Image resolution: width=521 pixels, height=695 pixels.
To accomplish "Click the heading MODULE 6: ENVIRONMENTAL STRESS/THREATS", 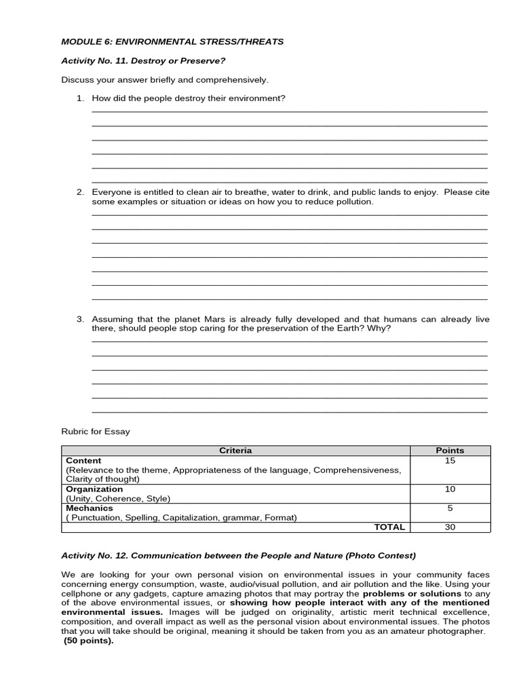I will point(172,41).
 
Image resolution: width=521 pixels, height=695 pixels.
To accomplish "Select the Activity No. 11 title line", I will point(143,60).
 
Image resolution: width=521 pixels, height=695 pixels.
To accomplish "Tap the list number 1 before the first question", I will point(80,98).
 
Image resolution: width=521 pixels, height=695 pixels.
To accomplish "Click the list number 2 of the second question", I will point(80,192).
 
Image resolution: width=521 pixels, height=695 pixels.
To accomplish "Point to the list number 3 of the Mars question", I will point(80,319).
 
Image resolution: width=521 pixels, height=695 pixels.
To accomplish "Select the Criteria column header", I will point(235,450).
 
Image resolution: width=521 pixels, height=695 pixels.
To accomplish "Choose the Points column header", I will point(450,450).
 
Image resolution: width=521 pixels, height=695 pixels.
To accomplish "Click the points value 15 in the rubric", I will point(450,460).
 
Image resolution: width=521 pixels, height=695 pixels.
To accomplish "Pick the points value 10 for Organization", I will point(450,489).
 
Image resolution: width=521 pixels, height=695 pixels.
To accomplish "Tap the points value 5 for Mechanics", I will point(450,508).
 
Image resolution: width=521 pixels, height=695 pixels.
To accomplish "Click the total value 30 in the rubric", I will point(450,527).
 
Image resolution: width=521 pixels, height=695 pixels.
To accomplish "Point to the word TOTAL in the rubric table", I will point(389,527).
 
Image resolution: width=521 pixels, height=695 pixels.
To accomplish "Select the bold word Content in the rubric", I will point(83,460).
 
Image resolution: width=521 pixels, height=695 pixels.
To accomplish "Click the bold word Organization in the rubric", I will point(94,489).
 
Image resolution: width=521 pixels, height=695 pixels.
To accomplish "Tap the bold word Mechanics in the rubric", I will point(90,508).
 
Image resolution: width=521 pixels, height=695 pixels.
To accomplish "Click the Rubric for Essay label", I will point(96,431).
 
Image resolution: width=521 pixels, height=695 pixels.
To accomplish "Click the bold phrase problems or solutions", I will point(412,593).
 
